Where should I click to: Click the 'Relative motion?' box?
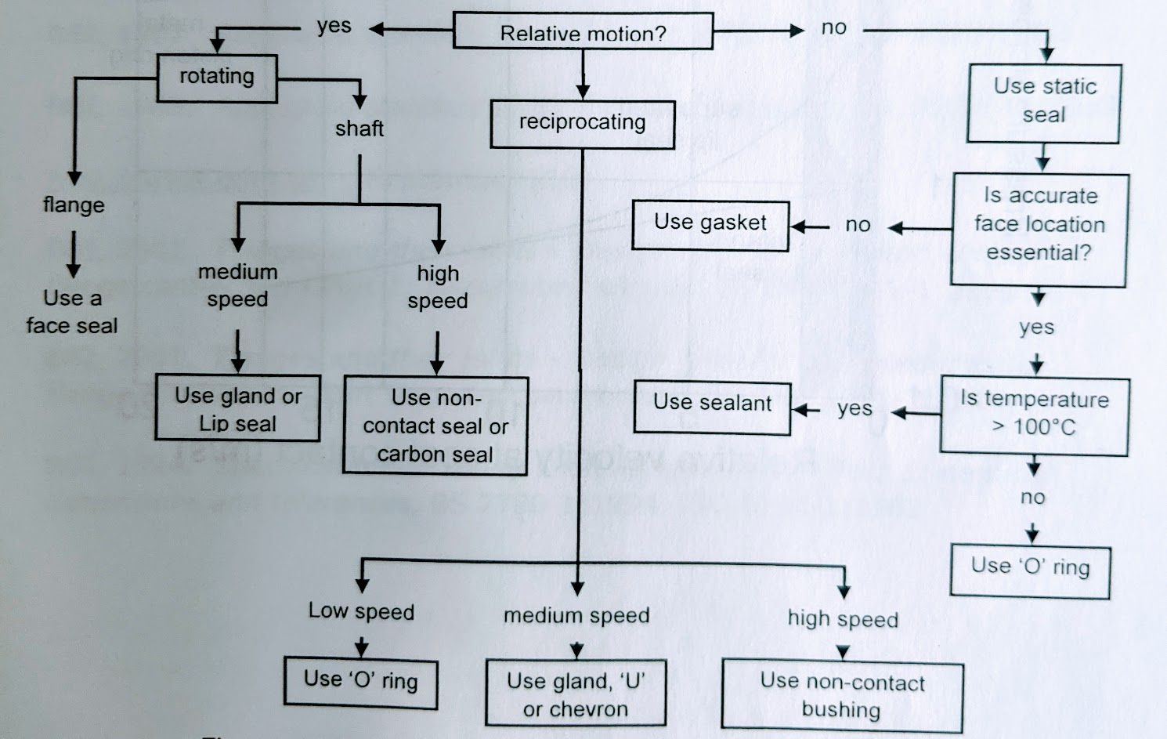tap(583, 32)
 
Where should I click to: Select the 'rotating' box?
tap(217, 78)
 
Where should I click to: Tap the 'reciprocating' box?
tap(582, 124)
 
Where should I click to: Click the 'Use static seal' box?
tap(1044, 102)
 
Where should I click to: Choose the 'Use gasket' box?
tap(710, 224)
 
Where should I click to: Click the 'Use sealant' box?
tap(712, 406)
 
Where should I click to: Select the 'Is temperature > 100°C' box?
tap(1034, 415)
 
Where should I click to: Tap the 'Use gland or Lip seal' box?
tap(237, 408)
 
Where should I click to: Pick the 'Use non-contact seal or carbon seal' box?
tap(435, 426)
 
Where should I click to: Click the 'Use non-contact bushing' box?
tap(842, 696)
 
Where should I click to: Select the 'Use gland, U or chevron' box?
tap(576, 694)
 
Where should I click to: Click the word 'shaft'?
tap(359, 129)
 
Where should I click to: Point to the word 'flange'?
tap(74, 205)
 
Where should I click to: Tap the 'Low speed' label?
tap(361, 611)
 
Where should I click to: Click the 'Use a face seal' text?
tap(72, 312)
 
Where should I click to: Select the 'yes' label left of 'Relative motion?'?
tap(334, 27)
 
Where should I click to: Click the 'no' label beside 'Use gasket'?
tap(858, 226)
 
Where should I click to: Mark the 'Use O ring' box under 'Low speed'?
tap(360, 681)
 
